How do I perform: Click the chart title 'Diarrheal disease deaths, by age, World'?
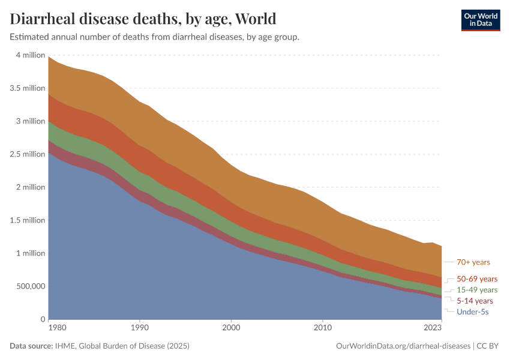[x=143, y=19]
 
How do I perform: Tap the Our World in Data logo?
[x=480, y=19]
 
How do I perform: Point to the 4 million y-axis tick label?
[x=30, y=55]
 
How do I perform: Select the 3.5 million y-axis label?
[x=28, y=88]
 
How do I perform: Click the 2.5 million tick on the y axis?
[x=28, y=154]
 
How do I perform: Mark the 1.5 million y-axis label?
[x=28, y=220]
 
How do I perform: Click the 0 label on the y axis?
[x=42, y=319]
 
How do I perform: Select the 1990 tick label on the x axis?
[x=140, y=328]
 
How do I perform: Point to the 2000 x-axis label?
[x=231, y=328]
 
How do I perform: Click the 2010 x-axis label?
[x=323, y=328]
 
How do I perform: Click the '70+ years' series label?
[x=473, y=262]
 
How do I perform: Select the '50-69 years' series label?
[x=477, y=279]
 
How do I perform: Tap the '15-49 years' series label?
[x=477, y=290]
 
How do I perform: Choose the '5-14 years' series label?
[x=475, y=301]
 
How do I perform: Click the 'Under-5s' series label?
[x=472, y=312]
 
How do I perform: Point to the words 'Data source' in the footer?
[x=31, y=346]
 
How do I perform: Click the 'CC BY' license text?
[x=489, y=346]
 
